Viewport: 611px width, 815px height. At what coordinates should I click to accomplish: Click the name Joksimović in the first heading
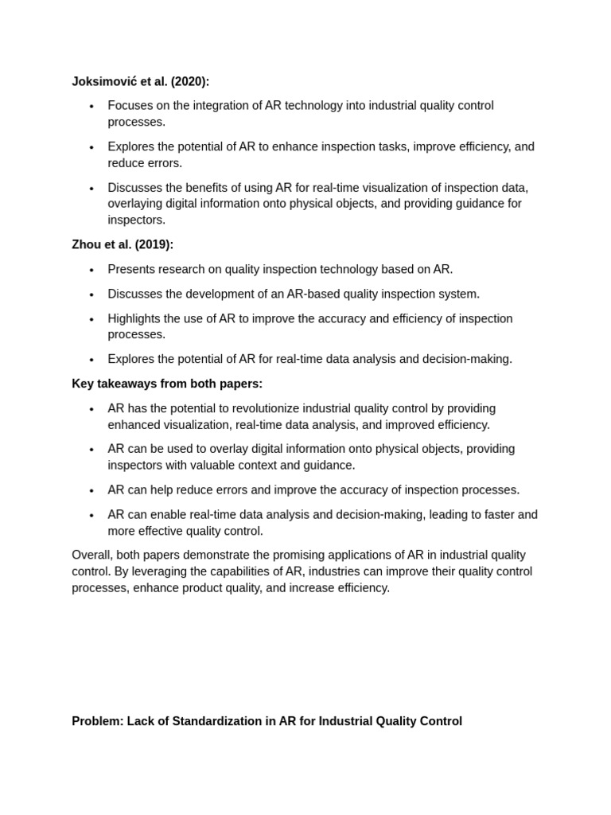[x=104, y=81]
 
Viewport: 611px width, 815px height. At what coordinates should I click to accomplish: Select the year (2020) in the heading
[x=189, y=81]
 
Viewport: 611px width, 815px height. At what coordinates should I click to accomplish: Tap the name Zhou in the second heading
[x=87, y=244]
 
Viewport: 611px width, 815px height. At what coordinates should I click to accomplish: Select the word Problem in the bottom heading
[x=97, y=721]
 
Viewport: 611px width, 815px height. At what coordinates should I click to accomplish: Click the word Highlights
[x=135, y=318]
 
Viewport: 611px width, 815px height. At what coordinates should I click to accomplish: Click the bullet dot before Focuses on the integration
[x=91, y=107]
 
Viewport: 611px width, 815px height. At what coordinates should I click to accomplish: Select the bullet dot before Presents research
[x=91, y=270]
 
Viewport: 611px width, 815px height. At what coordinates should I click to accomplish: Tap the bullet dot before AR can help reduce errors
[x=91, y=490]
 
